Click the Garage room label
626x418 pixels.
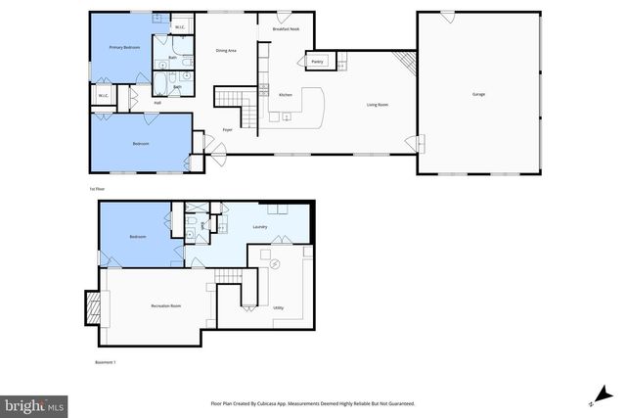pyautogui.click(x=478, y=94)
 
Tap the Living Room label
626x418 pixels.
pyautogui.click(x=379, y=104)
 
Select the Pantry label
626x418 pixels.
pyautogui.click(x=317, y=62)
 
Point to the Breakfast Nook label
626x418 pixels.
pyautogui.click(x=285, y=29)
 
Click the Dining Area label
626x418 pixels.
pyautogui.click(x=227, y=50)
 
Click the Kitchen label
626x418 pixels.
pyautogui.click(x=286, y=95)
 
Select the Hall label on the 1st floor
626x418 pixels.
pyautogui.click(x=156, y=103)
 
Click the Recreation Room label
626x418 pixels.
pyautogui.click(x=166, y=306)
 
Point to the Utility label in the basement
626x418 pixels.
pyautogui.click(x=278, y=307)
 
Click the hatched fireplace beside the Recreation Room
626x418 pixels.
pyautogui.click(x=94, y=308)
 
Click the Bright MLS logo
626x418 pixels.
pyautogui.click(x=34, y=403)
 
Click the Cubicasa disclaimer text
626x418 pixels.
pyautogui.click(x=312, y=402)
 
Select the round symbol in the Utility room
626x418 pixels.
pyautogui.click(x=274, y=264)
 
